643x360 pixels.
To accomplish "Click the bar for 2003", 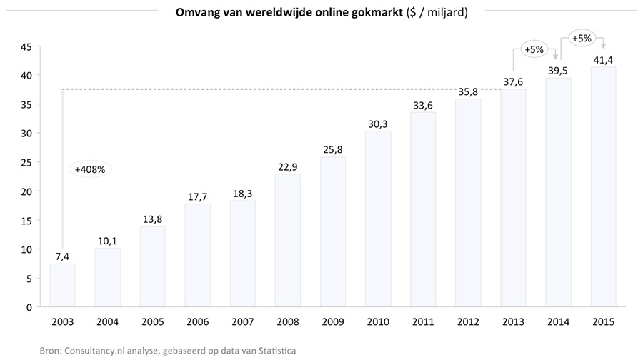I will (62, 285).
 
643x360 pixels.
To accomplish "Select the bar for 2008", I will (288, 240).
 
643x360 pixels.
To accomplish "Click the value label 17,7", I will (198, 196).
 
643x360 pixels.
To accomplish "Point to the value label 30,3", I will (378, 123).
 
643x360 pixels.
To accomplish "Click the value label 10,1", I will (107, 240).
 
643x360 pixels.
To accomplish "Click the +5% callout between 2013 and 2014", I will (534, 50).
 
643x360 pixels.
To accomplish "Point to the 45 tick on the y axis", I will (25, 46).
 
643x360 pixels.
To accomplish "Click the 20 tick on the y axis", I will (25, 191).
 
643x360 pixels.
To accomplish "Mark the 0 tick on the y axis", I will (28, 307).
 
